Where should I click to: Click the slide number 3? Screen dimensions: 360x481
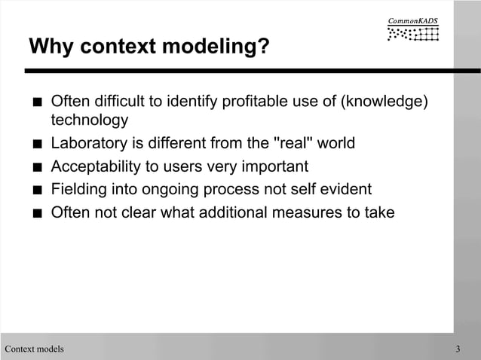[458, 349]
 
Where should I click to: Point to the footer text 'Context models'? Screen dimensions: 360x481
[34, 349]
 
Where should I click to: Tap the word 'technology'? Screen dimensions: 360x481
[89, 121]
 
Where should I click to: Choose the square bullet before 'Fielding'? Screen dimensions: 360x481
[36, 190]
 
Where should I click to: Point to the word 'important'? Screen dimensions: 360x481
[275, 166]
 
